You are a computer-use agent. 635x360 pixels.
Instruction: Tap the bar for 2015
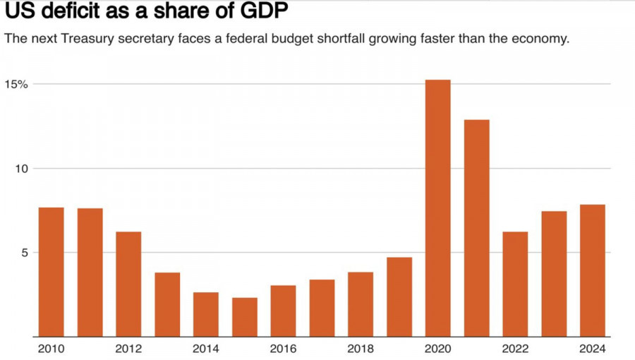pyautogui.click(x=244, y=317)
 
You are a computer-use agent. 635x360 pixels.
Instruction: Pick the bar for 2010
pyautogui.click(x=51, y=272)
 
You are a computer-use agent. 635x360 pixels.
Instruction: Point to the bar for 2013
pyautogui.click(x=167, y=304)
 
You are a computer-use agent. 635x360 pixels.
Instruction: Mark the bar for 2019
pyautogui.click(x=399, y=296)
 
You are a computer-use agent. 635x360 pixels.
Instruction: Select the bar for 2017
pyautogui.click(x=322, y=308)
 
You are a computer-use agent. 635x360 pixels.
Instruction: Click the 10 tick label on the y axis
pyautogui.click(x=20, y=169)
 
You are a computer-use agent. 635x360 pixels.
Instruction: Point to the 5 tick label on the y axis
pyautogui.click(x=23, y=253)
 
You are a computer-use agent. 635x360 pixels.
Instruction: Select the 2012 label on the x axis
pyautogui.click(x=128, y=349)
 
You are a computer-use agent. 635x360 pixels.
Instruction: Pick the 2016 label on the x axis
pyautogui.click(x=283, y=349)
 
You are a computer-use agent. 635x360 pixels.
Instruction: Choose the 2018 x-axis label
pyautogui.click(x=361, y=349)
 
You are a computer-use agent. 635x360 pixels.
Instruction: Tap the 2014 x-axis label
pyautogui.click(x=206, y=349)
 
